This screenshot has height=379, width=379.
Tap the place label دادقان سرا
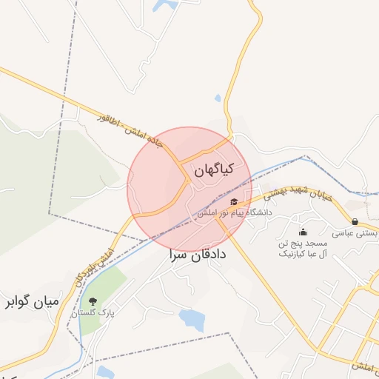coord(198,255)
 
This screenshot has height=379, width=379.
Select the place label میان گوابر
coord(33,301)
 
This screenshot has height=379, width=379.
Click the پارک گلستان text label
coord(94,314)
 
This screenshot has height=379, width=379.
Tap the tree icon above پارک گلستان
coord(93,301)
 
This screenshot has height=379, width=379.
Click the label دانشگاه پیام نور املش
coord(235,212)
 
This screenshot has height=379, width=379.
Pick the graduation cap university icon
coord(235,201)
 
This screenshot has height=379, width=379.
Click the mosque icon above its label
coord(303,232)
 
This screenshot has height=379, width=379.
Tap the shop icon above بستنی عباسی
coord(356,221)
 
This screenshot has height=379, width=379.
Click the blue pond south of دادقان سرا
coord(192,320)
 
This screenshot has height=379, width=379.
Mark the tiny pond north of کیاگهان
coord(217,98)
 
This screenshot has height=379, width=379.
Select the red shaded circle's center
coord(189,189)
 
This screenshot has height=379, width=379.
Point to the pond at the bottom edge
coord(104,372)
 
